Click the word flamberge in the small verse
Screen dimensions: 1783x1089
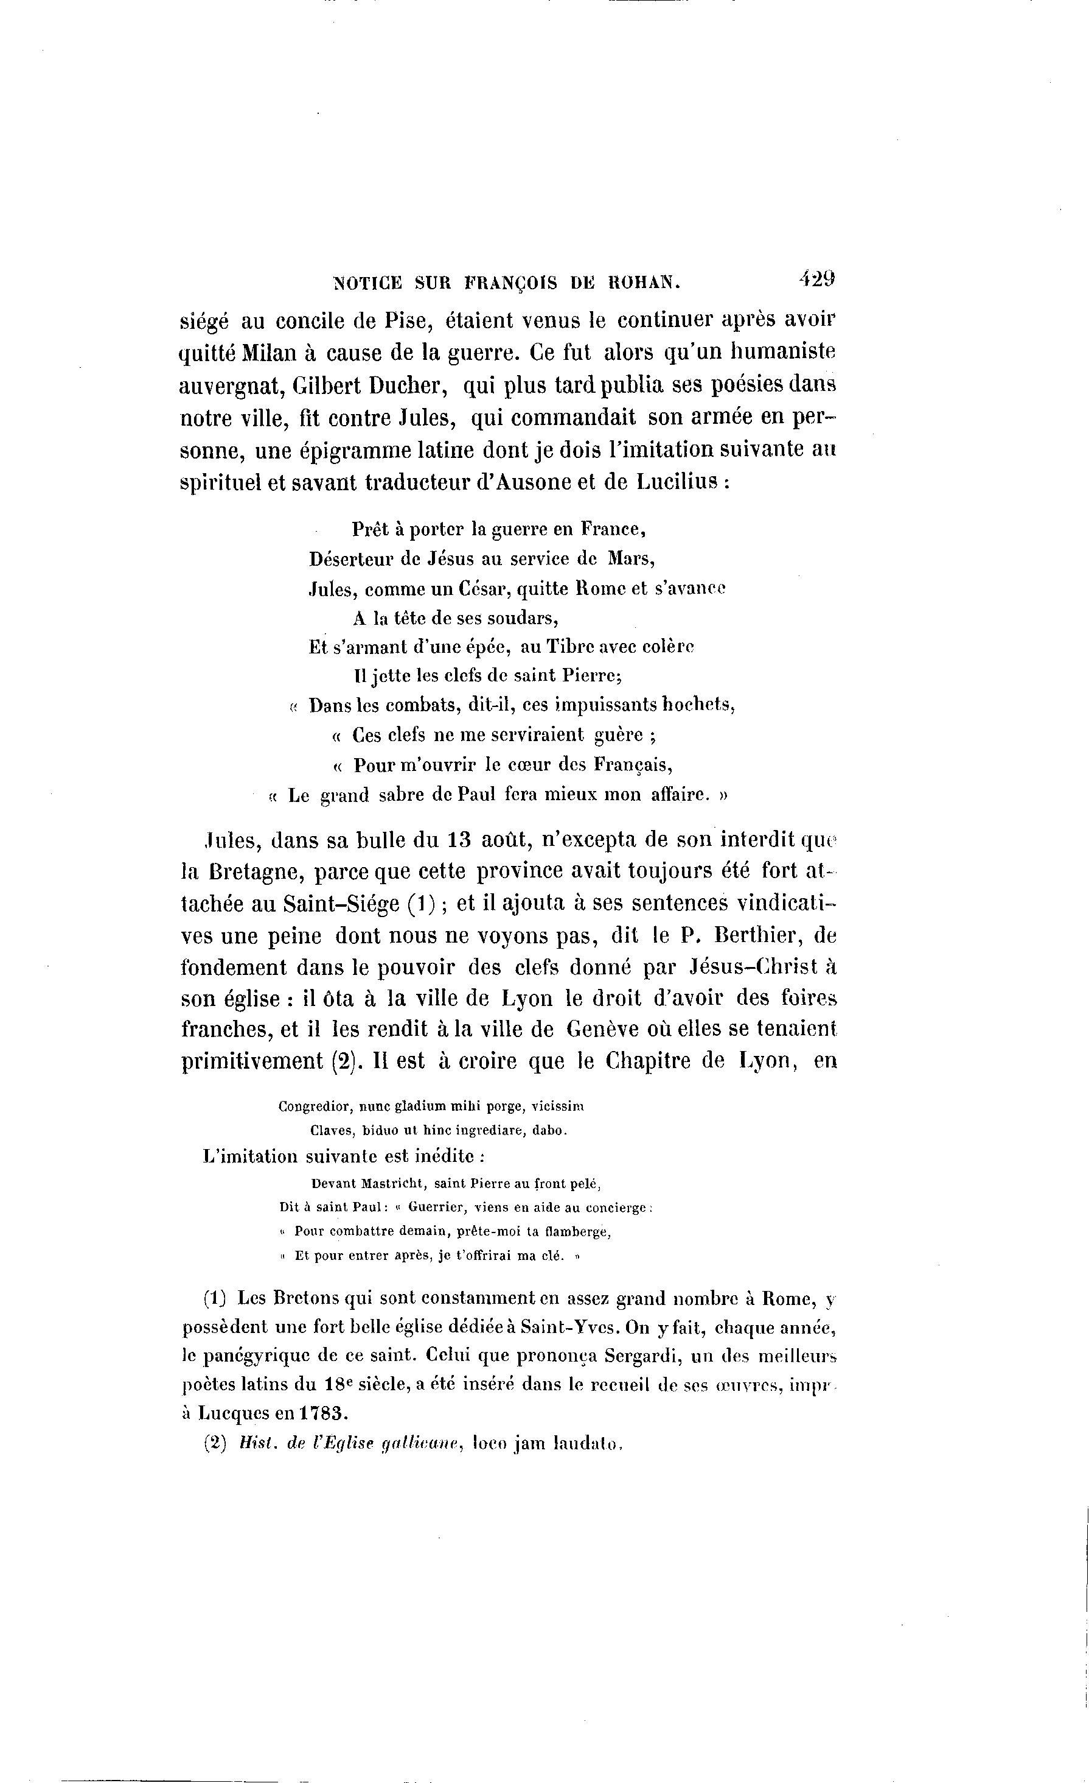pyautogui.click(x=580, y=1232)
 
